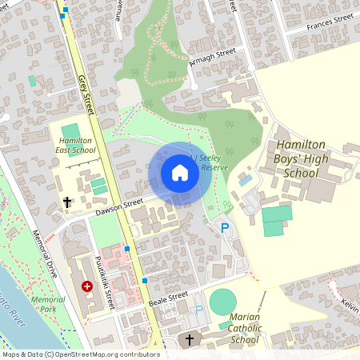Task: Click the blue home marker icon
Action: tap(180, 173)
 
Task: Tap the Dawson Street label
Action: tap(118, 208)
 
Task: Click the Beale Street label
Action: tap(169, 300)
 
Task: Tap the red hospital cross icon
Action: tap(87, 286)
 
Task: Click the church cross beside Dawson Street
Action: tap(67, 202)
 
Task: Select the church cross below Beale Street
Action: tap(189, 340)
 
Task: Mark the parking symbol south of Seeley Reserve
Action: tap(224, 228)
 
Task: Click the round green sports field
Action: tap(222, 302)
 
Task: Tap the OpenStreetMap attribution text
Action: tap(80, 354)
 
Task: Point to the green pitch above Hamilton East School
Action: tap(71, 131)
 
